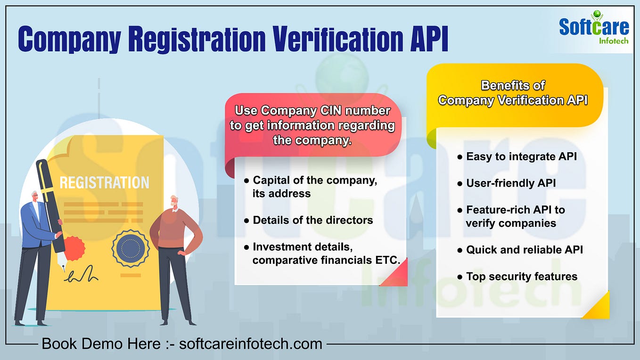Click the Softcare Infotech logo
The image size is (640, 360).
click(594, 29)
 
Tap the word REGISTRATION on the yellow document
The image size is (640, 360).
click(104, 183)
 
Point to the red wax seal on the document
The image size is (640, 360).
click(74, 248)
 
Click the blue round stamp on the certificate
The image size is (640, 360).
click(131, 249)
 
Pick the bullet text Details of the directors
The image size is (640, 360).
click(312, 220)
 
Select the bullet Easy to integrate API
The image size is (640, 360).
click(521, 156)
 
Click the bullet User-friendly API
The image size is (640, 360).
click(511, 183)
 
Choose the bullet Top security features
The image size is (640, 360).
click(522, 277)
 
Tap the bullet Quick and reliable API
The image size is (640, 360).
click(525, 250)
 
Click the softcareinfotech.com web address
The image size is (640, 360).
click(251, 344)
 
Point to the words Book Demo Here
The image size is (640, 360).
click(101, 344)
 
